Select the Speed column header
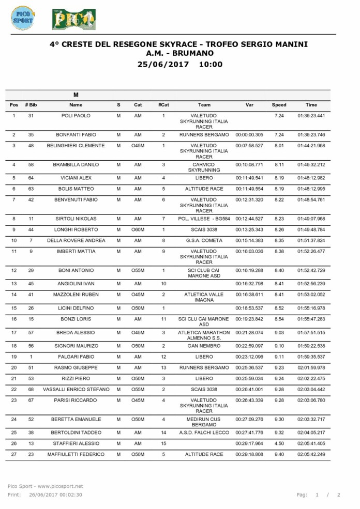click(x=279, y=105)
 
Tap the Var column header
click(x=249, y=105)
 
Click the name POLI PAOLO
click(x=76, y=116)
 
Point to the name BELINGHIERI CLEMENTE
click(x=76, y=146)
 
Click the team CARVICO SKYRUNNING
click(x=203, y=167)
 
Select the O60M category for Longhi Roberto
click(x=138, y=229)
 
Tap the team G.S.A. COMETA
click(x=203, y=240)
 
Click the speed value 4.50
click(x=279, y=443)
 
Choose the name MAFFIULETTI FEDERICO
click(x=76, y=454)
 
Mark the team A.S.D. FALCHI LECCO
click(x=203, y=433)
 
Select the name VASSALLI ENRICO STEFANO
click(x=76, y=389)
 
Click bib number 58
click(x=31, y=165)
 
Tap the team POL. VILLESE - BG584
click(x=203, y=219)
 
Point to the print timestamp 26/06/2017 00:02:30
click(x=55, y=495)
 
